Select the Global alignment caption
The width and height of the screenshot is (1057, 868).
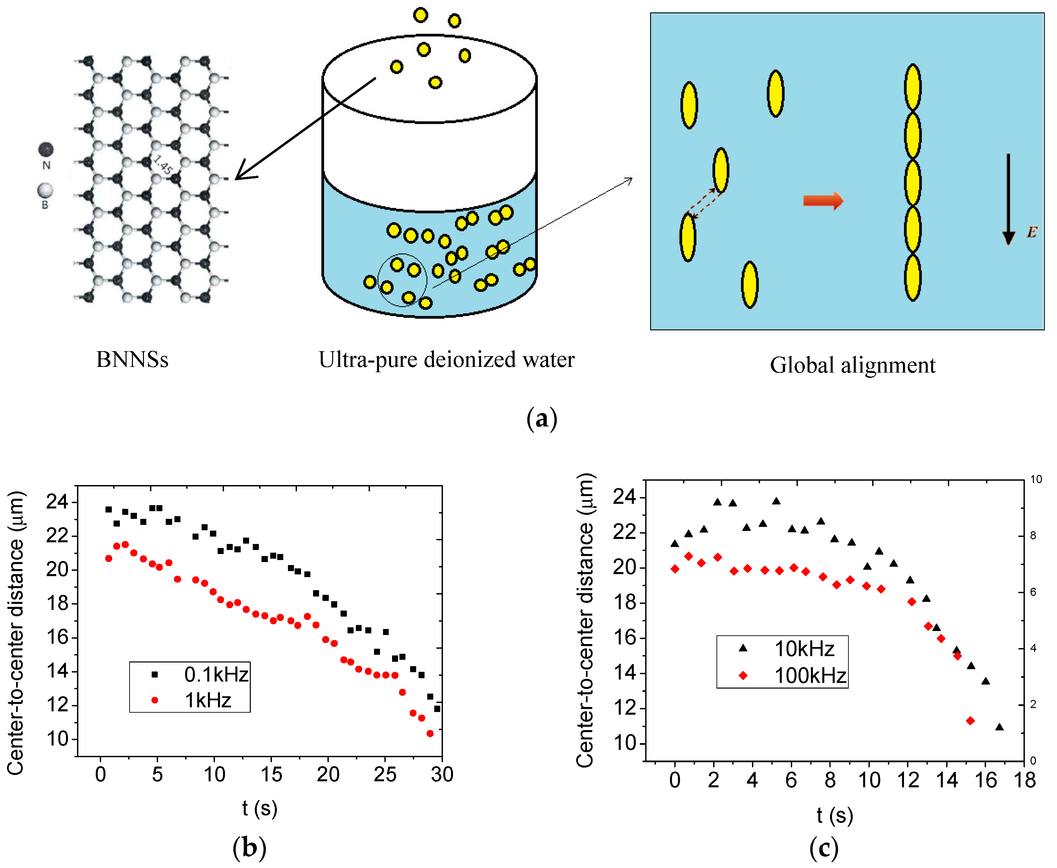click(x=852, y=365)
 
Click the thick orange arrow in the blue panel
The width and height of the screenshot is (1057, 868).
click(x=823, y=201)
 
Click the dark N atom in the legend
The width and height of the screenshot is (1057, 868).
click(x=46, y=149)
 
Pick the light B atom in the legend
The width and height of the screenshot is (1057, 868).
click(x=45, y=190)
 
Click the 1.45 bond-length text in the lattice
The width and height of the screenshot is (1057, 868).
click(x=163, y=165)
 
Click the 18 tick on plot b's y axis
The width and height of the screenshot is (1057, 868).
click(x=58, y=604)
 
